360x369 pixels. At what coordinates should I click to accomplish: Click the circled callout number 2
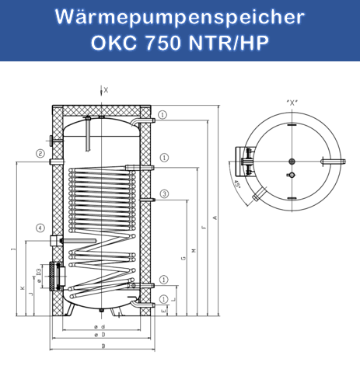[x=39, y=154]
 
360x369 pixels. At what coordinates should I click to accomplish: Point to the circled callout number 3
[x=164, y=193]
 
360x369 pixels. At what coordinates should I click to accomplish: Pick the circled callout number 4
[x=39, y=228]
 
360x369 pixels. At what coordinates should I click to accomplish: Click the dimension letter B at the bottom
[x=93, y=346]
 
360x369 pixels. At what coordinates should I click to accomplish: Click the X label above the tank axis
[x=107, y=90]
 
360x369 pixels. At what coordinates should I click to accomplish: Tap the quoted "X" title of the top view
[x=292, y=100]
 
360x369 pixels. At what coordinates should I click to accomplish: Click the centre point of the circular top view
[x=292, y=161]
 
